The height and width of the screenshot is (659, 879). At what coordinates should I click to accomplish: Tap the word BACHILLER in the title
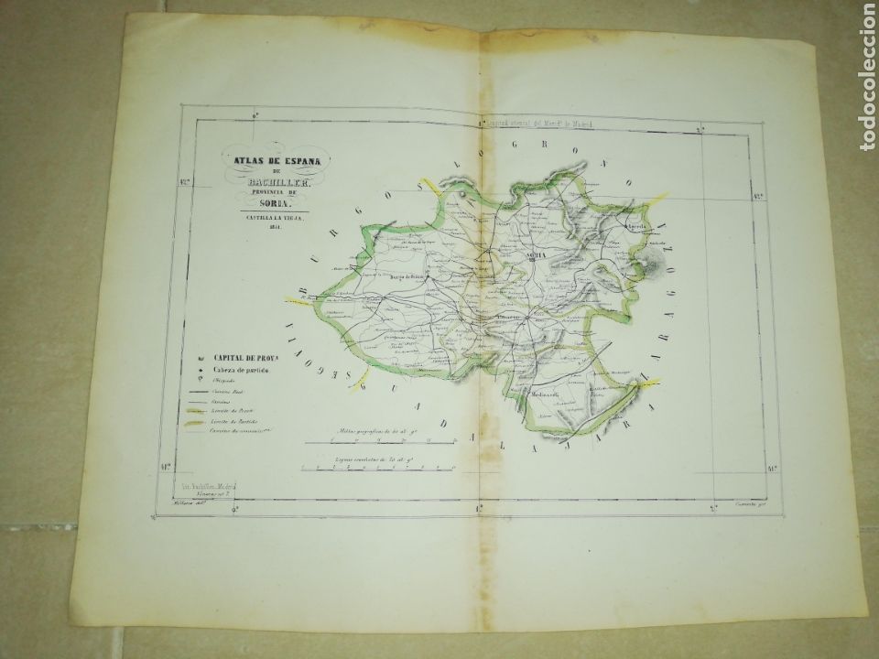(x=275, y=183)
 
